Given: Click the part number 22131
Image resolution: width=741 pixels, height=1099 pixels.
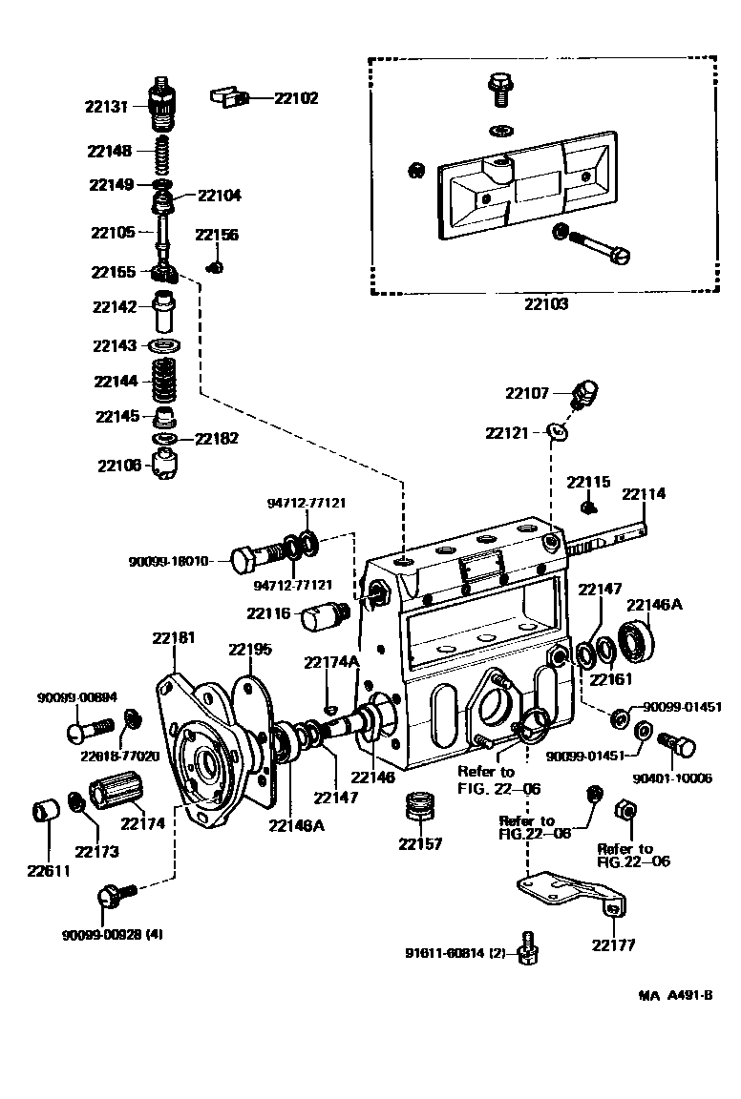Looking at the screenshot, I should point(106,108).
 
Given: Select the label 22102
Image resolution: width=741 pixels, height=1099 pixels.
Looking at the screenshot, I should point(296,97).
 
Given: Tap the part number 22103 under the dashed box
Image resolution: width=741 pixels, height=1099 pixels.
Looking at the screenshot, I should point(546,305).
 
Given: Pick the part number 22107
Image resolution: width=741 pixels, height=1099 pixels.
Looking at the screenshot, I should point(527,392).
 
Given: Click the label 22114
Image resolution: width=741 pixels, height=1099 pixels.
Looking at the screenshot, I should point(644,494).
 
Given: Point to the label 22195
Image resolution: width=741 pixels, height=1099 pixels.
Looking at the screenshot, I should point(250,650).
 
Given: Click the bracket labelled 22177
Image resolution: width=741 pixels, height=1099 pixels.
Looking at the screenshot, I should point(573,891).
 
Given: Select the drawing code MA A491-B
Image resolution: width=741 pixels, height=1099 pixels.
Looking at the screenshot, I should point(676,995).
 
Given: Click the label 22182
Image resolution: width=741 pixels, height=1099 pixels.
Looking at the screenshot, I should point(217,439).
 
